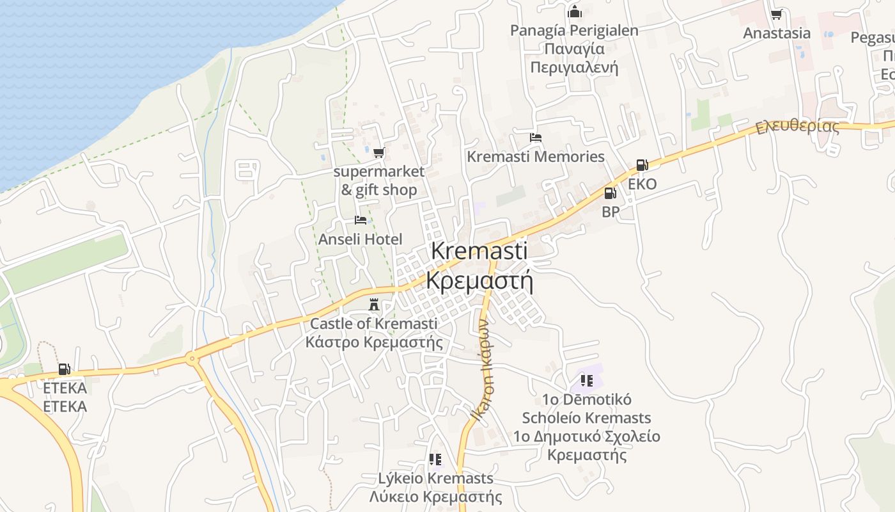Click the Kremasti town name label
(479, 251)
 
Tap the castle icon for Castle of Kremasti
(375, 305)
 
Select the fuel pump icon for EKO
(642, 165)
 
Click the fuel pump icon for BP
(611, 193)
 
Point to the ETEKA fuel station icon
(64, 369)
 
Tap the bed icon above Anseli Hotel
(361, 220)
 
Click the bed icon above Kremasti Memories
(536, 138)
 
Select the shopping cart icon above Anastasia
(777, 14)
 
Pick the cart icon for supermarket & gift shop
(378, 152)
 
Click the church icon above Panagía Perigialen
(574, 12)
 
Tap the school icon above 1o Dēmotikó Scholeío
(587, 381)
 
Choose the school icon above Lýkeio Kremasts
(435, 460)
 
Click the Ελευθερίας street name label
(797, 127)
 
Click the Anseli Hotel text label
(361, 239)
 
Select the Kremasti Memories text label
(536, 157)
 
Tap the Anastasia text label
(777, 33)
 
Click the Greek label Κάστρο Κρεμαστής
(374, 342)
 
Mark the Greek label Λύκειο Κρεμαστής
(435, 497)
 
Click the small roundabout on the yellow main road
(192, 358)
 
